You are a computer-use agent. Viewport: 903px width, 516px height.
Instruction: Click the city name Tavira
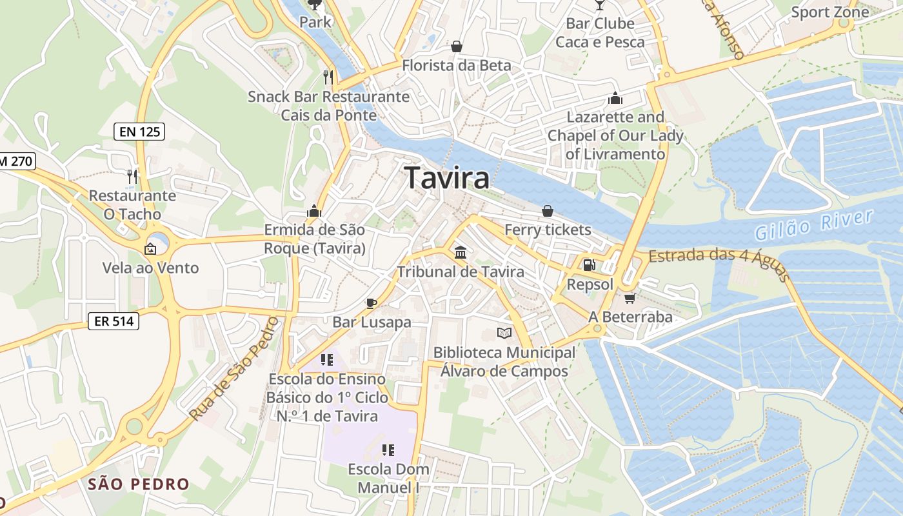(x=447, y=178)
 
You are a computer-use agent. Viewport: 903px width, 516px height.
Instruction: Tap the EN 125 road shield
(x=139, y=132)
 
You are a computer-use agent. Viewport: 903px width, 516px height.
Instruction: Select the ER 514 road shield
(x=114, y=321)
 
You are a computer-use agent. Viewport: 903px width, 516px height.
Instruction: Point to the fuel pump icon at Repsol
(x=589, y=264)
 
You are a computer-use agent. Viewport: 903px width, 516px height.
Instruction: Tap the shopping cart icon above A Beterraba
(x=630, y=297)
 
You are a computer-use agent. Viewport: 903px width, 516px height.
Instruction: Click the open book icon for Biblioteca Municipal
(x=504, y=333)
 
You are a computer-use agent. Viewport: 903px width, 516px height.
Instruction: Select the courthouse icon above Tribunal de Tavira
(x=461, y=252)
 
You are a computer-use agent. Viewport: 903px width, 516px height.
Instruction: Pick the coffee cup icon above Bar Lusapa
(x=372, y=303)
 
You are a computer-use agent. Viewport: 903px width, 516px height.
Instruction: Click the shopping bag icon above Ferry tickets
(x=548, y=210)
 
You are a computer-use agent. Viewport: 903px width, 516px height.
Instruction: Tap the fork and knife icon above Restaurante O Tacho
(x=132, y=176)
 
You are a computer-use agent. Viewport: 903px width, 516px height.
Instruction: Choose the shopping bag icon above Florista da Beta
(x=457, y=46)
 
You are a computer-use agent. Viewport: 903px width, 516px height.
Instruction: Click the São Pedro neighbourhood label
(x=139, y=484)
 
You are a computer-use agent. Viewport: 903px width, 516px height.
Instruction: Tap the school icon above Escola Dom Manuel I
(x=388, y=450)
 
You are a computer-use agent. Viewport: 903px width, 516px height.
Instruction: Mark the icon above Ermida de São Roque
(x=314, y=211)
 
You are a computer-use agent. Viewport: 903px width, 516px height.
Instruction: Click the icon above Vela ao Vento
(x=150, y=248)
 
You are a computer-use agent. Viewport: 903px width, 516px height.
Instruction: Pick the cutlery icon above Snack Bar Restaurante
(x=328, y=77)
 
